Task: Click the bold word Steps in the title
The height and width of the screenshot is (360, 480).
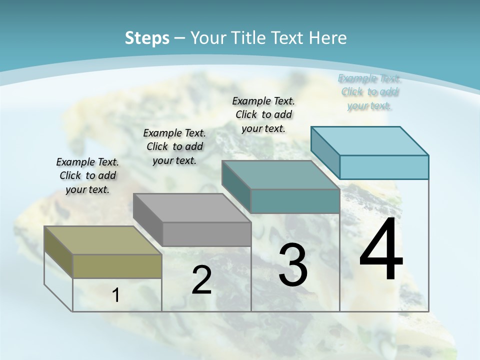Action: coord(147,38)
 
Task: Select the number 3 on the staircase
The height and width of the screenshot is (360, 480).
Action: coord(293,265)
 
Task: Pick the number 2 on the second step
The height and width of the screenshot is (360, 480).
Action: coord(201,280)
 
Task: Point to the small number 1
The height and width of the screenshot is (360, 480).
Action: coord(115,295)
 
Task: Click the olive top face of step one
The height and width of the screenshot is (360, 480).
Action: coord(102,240)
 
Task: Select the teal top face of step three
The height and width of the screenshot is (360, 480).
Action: coord(280,175)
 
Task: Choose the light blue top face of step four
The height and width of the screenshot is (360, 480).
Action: coord(369,141)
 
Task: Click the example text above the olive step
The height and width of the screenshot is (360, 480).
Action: coord(87,175)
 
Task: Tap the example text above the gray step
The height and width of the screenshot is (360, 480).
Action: coord(174,146)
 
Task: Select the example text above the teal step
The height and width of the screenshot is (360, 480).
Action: coord(263,114)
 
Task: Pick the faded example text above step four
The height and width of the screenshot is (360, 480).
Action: coord(369,92)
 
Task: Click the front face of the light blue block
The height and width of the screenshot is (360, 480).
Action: coord(384,167)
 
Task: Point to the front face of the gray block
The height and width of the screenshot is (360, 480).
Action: coord(206,234)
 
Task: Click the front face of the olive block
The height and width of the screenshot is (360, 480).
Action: coord(117,266)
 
